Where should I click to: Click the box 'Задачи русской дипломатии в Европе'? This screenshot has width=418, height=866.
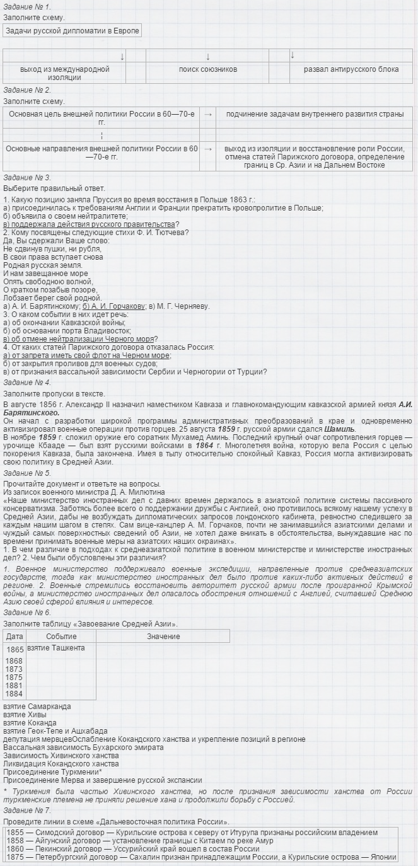[72, 30]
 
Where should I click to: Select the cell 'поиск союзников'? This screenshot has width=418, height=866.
[207, 69]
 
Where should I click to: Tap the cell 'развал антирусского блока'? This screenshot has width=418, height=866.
[351, 69]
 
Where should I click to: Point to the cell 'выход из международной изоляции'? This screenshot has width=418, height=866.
[64, 73]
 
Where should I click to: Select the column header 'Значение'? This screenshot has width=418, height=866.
[163, 636]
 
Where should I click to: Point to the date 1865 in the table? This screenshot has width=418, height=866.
[15, 649]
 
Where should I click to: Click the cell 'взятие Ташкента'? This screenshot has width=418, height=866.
[56, 648]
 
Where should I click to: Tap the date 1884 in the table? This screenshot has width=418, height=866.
[15, 693]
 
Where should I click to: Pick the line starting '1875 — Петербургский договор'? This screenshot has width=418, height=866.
[201, 857]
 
